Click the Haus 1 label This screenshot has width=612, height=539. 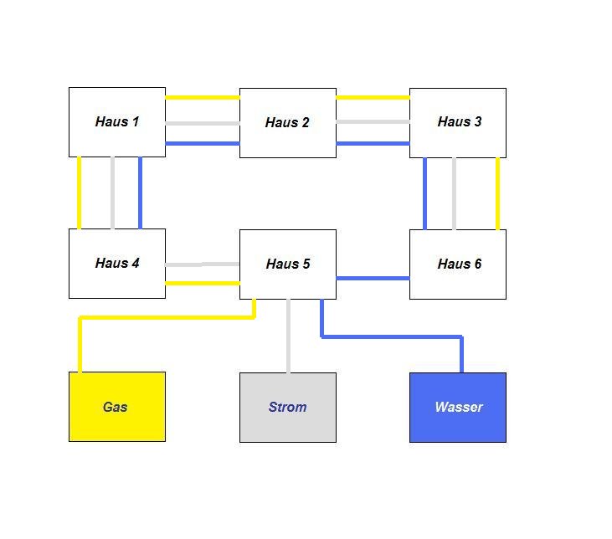click(117, 121)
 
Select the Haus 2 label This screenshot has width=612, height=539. click(287, 122)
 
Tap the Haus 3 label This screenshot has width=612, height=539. click(460, 121)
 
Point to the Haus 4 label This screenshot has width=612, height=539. click(117, 263)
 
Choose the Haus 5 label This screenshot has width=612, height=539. click(288, 264)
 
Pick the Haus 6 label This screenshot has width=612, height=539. click(460, 264)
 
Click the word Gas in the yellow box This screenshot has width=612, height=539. click(116, 407)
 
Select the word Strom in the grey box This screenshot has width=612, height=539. click(288, 407)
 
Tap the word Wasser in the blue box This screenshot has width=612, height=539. click(459, 407)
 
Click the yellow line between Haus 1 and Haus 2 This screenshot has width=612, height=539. click(203, 97)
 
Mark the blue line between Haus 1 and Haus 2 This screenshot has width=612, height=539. click(203, 144)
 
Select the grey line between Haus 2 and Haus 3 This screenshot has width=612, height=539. click(373, 121)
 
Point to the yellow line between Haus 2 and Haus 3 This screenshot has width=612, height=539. click(373, 97)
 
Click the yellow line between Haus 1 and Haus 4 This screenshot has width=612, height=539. click(80, 192)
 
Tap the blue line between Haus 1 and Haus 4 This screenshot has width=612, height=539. click(140, 192)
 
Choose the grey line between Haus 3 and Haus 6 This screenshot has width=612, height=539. click(455, 193)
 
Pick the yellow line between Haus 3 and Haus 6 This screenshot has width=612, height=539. click(497, 193)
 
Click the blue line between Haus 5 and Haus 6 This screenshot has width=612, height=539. click(373, 278)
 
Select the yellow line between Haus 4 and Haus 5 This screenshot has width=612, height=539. click(203, 283)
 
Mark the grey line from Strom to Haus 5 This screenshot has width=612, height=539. click(289, 336)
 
